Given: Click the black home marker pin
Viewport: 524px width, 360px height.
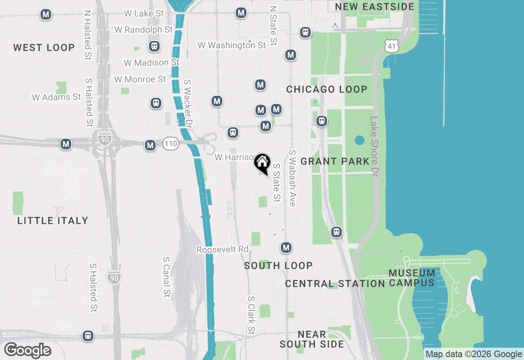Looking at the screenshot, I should click(262, 162).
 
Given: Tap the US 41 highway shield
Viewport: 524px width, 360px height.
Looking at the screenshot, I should click(392, 46).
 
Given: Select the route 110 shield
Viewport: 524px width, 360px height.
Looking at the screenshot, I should click(170, 144).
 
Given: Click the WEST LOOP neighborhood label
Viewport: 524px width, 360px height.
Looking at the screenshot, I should click(44, 47).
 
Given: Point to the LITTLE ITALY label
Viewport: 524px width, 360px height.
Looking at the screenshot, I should click(53, 220).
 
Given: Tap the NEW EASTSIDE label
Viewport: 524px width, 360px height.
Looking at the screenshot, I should click(375, 7).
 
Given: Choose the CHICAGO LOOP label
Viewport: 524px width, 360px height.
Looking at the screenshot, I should click(327, 89).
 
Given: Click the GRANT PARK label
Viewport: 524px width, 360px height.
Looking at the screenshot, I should click(335, 161).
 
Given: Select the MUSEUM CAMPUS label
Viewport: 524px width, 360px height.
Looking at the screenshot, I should click(412, 278).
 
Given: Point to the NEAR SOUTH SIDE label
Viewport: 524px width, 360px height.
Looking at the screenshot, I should click(312, 339).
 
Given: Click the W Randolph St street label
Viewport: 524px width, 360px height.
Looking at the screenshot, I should click(143, 30).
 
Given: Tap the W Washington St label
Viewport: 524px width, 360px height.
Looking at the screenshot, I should click(232, 45).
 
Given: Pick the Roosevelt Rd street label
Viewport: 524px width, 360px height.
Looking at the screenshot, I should click(222, 250).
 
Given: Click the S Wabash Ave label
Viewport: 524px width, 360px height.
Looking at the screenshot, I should click(292, 178).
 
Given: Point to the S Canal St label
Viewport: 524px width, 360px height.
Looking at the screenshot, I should click(166, 277).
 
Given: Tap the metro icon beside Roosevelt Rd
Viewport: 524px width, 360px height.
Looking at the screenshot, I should click(286, 248).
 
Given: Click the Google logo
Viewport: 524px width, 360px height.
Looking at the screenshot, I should click(28, 351).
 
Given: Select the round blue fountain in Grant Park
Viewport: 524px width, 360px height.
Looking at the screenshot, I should click(359, 141).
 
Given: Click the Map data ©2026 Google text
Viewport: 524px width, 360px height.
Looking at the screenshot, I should click(474, 354).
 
